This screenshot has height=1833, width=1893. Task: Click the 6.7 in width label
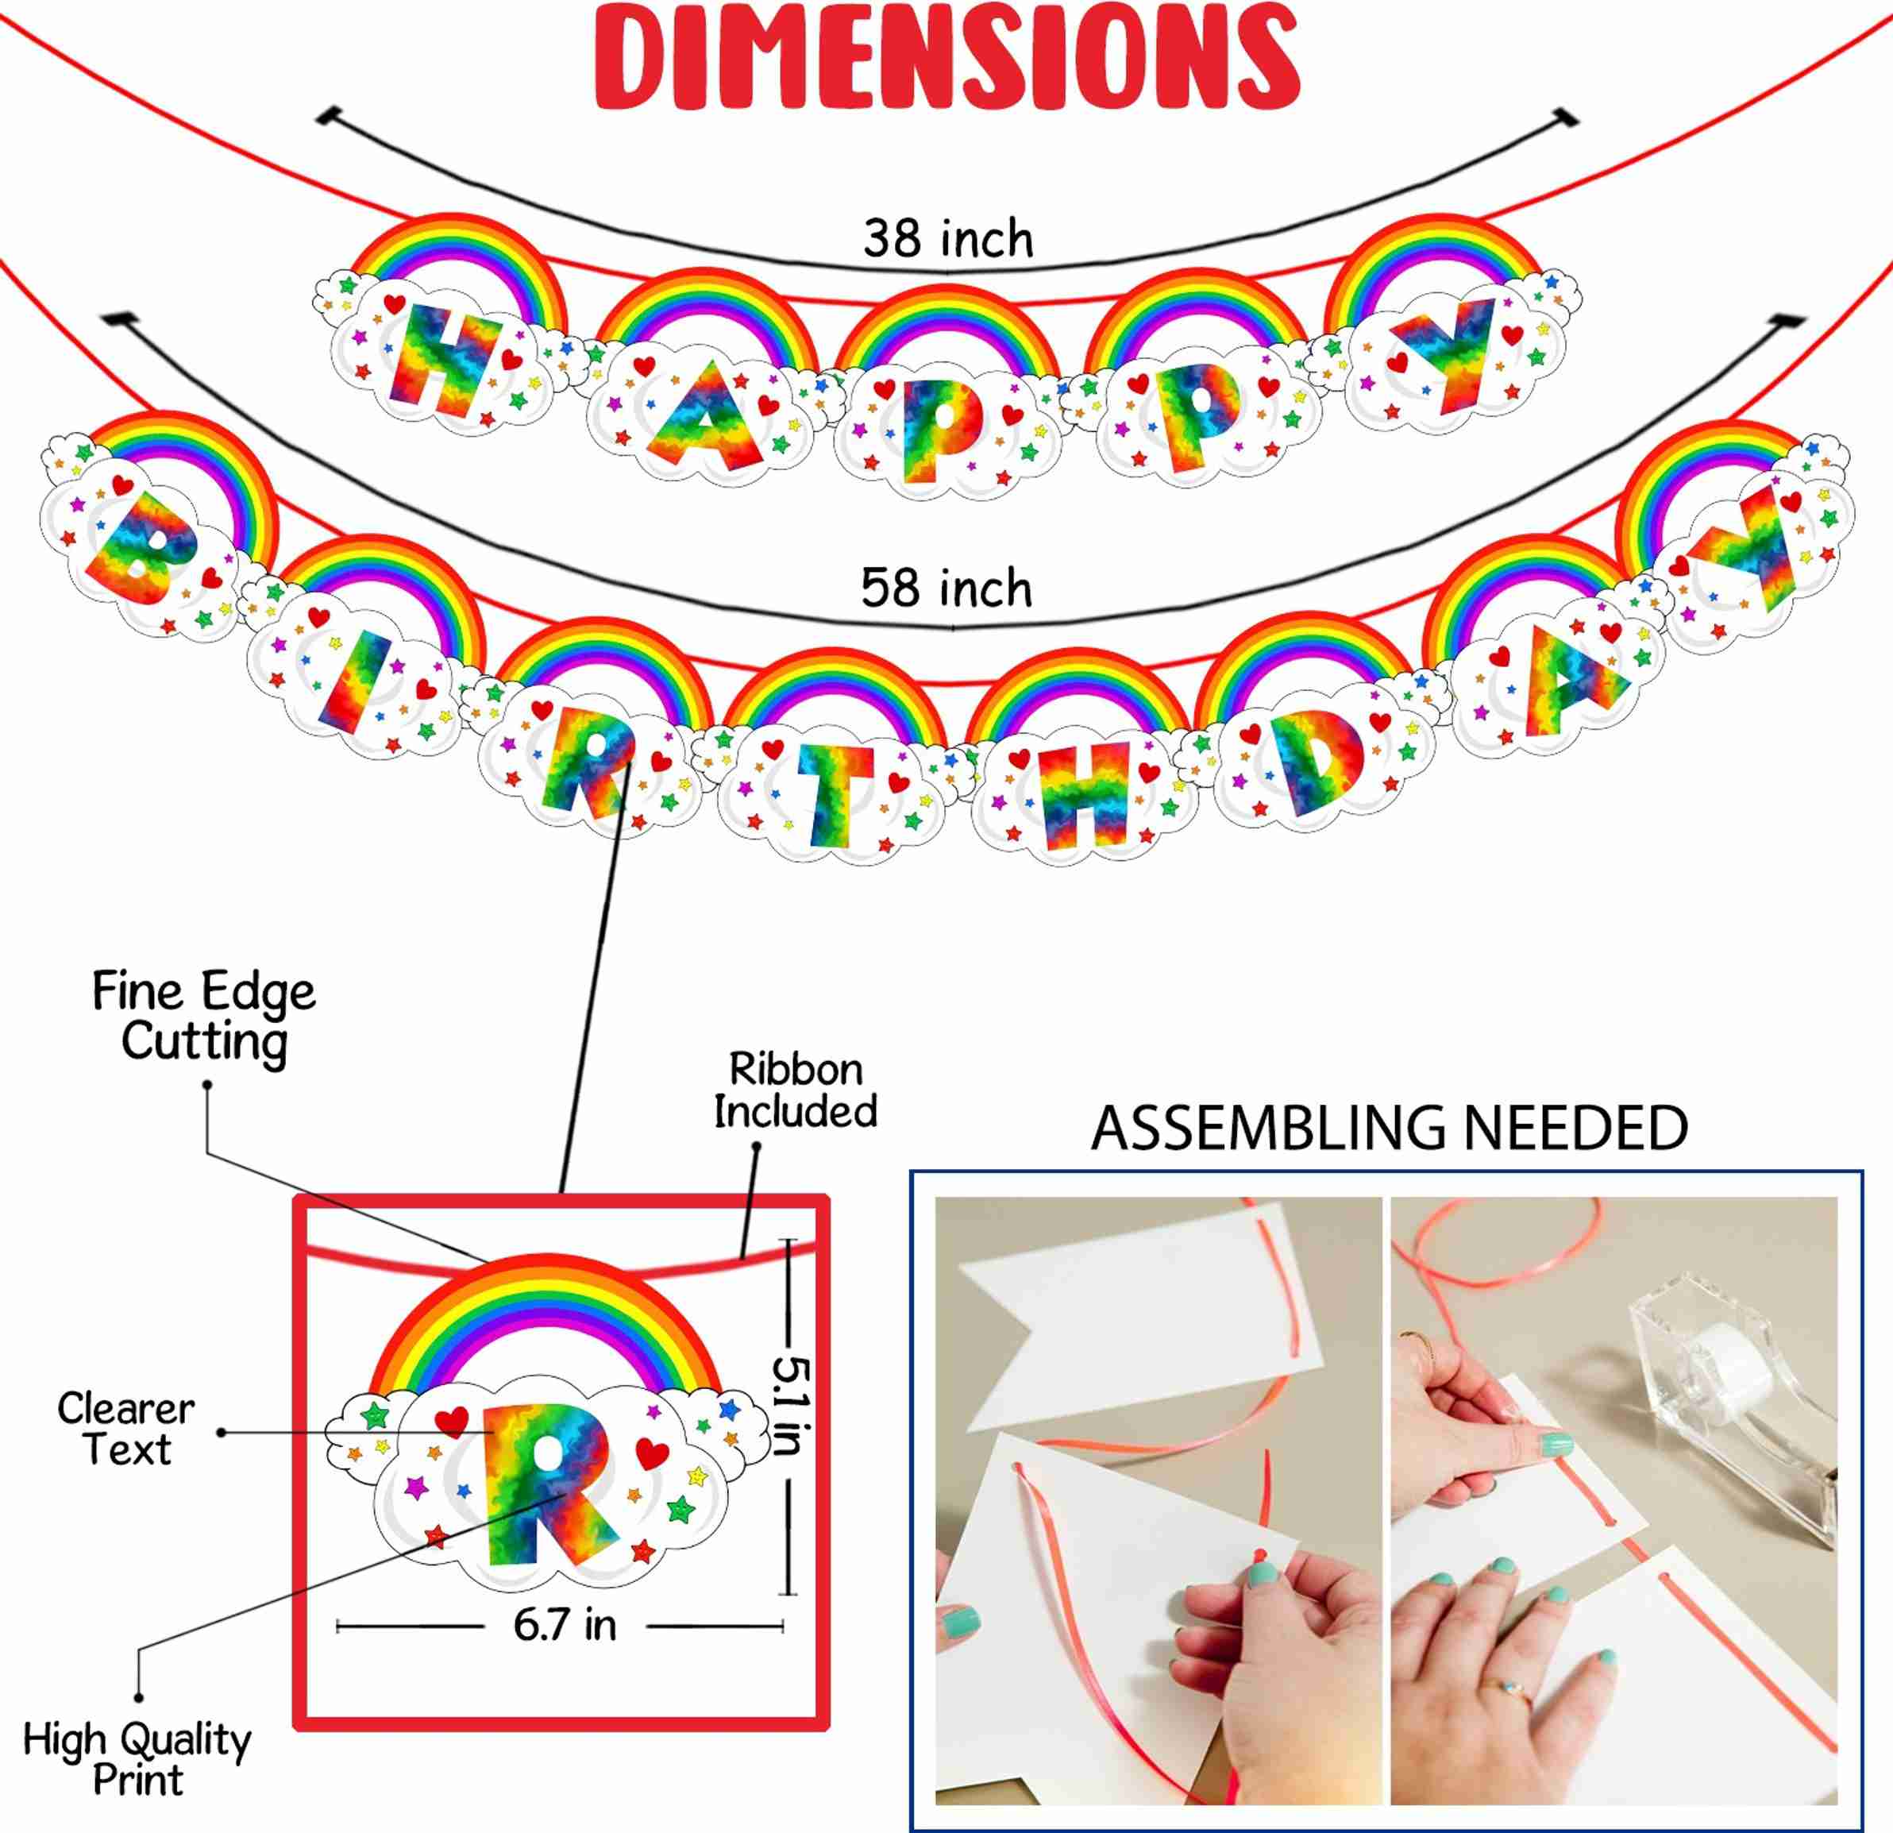[565, 1626]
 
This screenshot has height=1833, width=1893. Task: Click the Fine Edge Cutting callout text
[204, 1017]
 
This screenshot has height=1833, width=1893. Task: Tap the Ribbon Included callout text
[796, 1090]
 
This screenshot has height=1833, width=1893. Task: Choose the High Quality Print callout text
[137, 1758]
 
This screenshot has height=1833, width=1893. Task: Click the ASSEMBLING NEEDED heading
[1389, 1128]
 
